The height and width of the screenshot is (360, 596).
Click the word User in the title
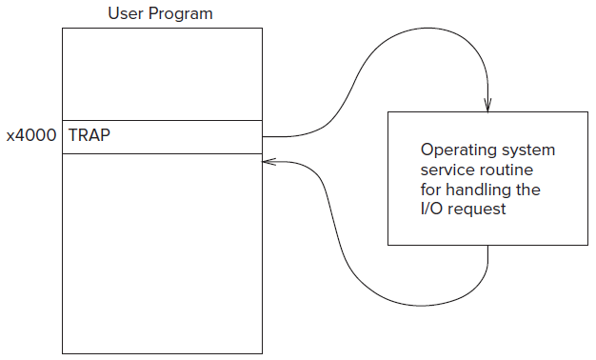pyautogui.click(x=126, y=13)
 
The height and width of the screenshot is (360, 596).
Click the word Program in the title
pyautogui.click(x=181, y=14)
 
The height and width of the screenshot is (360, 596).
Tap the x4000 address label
pyautogui.click(x=31, y=135)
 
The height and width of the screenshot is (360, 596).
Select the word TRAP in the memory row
pyautogui.click(x=89, y=135)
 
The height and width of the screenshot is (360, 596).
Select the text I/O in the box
pyautogui.click(x=431, y=209)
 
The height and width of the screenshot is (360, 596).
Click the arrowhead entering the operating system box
pyautogui.click(x=487, y=106)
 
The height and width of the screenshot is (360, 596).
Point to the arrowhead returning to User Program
pyautogui.click(x=268, y=162)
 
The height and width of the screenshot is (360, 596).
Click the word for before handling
pyautogui.click(x=430, y=189)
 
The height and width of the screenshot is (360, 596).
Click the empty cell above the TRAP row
pyautogui.click(x=162, y=74)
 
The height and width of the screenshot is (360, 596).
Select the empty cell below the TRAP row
pyautogui.click(x=162, y=253)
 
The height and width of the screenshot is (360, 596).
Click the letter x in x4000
pyautogui.click(x=10, y=137)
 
